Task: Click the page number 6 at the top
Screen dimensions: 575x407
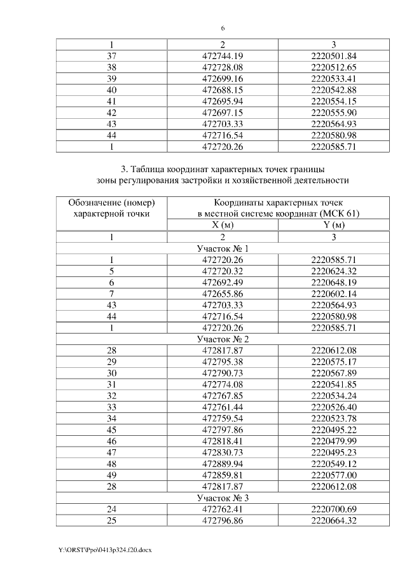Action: (x=223, y=29)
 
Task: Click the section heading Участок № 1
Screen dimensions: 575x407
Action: (x=223, y=248)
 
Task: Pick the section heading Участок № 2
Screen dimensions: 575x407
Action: (x=223, y=339)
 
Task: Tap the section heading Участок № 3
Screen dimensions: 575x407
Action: (x=223, y=497)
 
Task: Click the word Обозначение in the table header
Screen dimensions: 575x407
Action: (x=94, y=203)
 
